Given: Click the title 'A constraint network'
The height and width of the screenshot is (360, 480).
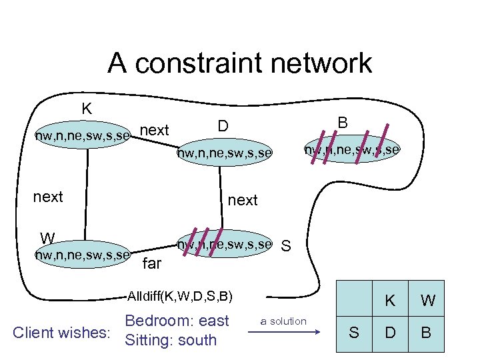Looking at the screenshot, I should [x=239, y=63].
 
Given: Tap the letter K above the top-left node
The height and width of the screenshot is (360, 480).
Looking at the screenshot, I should [x=87, y=109].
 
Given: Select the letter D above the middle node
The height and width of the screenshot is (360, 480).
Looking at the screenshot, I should [x=223, y=126].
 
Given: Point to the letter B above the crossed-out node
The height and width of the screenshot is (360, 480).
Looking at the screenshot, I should [x=343, y=123].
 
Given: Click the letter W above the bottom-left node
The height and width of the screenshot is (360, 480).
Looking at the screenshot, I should [x=47, y=238].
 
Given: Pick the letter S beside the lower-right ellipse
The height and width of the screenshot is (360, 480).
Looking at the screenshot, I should [x=286, y=247].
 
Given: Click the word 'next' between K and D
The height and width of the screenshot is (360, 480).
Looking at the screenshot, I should [x=155, y=130].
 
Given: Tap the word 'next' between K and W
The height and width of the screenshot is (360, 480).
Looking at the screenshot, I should [x=48, y=197].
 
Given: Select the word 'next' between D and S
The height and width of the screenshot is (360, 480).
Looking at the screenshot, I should [x=243, y=200].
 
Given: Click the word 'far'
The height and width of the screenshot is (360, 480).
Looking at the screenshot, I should [x=152, y=263].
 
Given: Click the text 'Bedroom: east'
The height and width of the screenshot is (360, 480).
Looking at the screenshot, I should [x=177, y=321].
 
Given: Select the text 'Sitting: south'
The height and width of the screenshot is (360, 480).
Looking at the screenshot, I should [x=171, y=340].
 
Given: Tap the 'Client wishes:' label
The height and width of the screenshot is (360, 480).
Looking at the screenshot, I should [x=61, y=331].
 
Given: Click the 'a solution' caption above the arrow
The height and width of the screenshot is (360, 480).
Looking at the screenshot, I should [x=283, y=321].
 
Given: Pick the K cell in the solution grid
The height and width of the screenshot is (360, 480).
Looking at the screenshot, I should [x=390, y=301].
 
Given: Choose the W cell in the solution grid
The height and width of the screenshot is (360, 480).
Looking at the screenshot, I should [x=427, y=301].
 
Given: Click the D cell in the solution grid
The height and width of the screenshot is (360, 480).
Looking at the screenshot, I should [x=390, y=331].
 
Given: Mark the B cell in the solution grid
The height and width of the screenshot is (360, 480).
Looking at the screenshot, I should [x=427, y=331].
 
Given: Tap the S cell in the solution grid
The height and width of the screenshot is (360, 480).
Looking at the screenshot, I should [x=354, y=331].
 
